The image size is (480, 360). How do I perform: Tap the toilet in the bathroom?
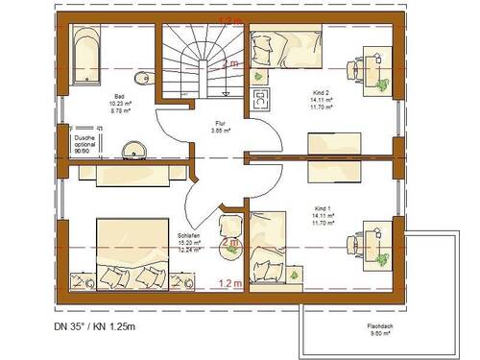(143, 79)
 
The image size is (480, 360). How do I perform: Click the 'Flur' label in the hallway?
(220, 125)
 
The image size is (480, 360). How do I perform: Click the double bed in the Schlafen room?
(127, 252)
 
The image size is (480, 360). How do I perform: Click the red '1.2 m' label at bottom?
(229, 283)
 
